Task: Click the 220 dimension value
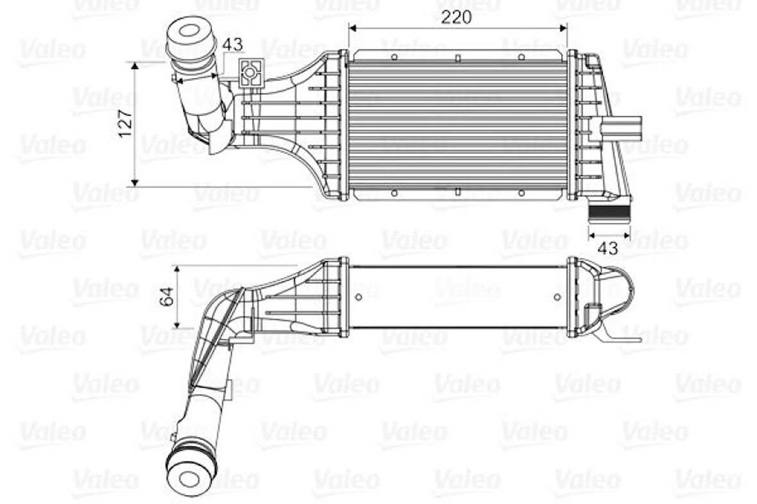click(457, 17)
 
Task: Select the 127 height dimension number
click(126, 122)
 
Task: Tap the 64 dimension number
click(167, 296)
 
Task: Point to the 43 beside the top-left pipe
click(234, 44)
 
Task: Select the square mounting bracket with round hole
click(250, 72)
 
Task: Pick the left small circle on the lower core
click(358, 296)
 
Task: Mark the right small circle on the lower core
click(557, 296)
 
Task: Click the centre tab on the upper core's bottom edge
click(457, 191)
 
